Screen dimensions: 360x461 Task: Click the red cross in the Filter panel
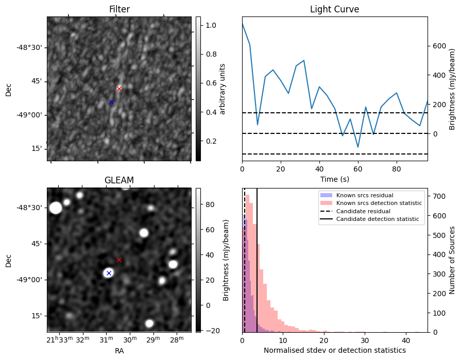(119, 89)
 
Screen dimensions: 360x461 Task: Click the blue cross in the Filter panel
(111, 102)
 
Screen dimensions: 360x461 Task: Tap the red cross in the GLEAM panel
(119, 260)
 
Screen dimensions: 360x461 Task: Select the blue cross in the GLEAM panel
(109, 273)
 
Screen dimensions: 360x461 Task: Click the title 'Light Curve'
(334, 9)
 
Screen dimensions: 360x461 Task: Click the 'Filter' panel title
(119, 9)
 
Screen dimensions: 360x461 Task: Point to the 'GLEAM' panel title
(119, 180)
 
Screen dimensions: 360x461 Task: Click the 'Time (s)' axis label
(334, 179)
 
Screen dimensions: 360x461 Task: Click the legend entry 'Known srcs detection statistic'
(379, 203)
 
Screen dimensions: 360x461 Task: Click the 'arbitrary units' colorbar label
(223, 89)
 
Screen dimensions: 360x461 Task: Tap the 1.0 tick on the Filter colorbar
(211, 25)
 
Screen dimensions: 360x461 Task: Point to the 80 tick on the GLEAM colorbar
(209, 204)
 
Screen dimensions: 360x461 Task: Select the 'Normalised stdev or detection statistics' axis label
(334, 350)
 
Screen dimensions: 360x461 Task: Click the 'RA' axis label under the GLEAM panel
(119, 351)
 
